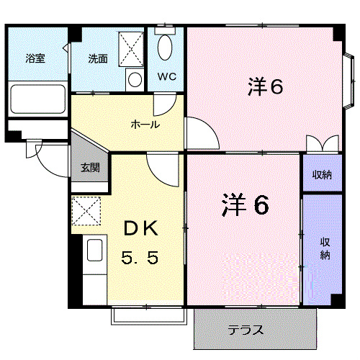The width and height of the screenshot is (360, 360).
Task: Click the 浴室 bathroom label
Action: click(35, 58)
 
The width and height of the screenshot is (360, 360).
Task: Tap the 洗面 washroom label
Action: click(98, 58)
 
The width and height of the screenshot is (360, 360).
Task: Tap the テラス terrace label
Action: click(246, 330)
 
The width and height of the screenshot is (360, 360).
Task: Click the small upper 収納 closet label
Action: click(321, 175)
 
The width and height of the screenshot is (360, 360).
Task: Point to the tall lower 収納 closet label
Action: click(324, 248)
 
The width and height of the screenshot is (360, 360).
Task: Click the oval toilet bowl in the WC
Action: click(165, 48)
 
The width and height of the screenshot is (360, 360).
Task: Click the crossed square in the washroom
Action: click(131, 48)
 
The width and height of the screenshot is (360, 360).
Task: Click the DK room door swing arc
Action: click(159, 169)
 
